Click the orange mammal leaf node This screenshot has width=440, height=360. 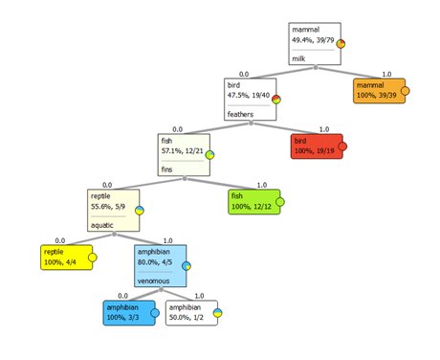[379, 91]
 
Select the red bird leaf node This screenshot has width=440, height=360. [317, 146]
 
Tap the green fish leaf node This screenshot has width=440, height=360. [254, 202]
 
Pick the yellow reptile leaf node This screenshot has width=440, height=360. [67, 258]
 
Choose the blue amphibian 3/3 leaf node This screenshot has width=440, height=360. [129, 313]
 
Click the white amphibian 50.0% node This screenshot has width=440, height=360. [191, 313]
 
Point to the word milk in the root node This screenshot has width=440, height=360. [298, 58]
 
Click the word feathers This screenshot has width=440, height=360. [240, 114]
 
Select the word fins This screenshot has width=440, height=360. [166, 169]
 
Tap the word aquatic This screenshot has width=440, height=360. [102, 225]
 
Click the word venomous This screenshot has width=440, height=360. [153, 281]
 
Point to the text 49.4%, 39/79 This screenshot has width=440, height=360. [313, 40]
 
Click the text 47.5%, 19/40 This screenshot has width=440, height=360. [249, 96]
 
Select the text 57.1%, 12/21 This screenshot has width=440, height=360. [182, 151]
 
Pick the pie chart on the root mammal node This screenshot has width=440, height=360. [341, 44]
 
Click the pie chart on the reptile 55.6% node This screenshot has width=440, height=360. [140, 211]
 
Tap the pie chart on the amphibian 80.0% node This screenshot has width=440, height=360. [187, 266]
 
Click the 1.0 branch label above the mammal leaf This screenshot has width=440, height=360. [386, 75]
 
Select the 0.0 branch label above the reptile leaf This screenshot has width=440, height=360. [60, 240]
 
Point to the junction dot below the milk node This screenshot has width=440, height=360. [316, 67]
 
